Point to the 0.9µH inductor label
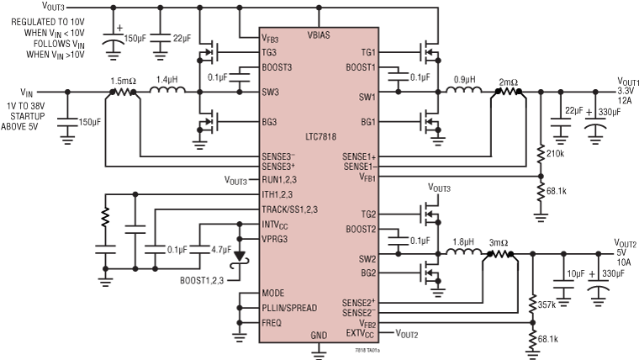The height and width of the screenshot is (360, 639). coord(468,78)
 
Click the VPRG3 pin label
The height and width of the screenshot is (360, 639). coord(277,238)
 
